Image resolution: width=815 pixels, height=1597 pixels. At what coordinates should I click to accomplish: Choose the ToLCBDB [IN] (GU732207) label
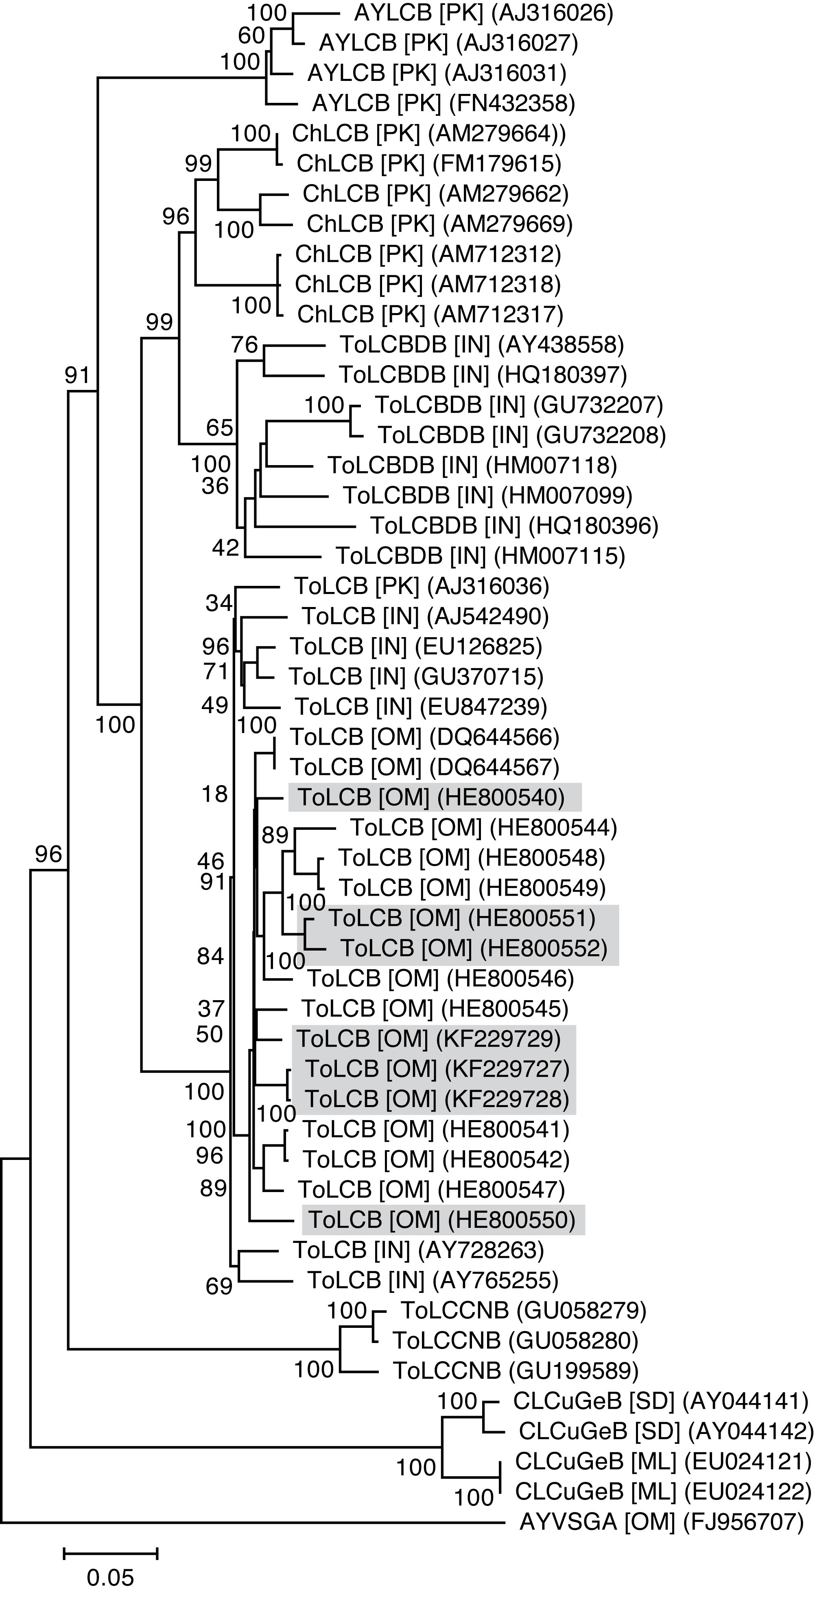coord(518,405)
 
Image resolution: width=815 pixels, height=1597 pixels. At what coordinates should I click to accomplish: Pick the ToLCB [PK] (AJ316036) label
coord(421,586)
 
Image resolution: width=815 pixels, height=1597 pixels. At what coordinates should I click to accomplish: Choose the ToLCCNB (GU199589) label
coord(516,1371)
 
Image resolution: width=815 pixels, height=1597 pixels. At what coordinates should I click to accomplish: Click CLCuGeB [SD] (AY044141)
coord(660,1401)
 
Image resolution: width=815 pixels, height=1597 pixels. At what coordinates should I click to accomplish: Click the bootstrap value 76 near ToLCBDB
coord(245,345)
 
